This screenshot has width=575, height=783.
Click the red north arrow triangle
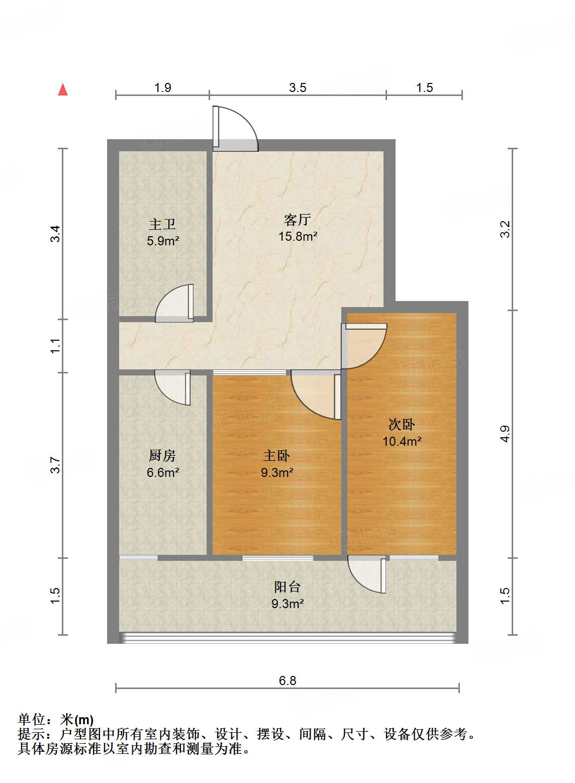point(63,90)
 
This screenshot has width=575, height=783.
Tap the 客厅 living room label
point(298,220)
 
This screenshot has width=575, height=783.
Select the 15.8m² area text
point(298,236)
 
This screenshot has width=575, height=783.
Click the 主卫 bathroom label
point(162,224)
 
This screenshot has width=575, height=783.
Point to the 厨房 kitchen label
point(162,455)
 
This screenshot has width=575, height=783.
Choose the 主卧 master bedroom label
point(276,455)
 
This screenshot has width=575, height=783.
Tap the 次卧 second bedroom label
point(402,424)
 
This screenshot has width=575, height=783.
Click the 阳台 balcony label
point(287,586)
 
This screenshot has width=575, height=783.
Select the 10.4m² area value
point(402,441)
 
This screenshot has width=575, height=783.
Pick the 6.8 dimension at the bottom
point(287,680)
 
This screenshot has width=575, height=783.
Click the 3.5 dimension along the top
point(298,88)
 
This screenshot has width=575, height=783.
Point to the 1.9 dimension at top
point(162,88)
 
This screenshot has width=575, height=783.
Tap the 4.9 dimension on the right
point(505,434)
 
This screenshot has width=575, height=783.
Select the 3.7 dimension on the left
point(55,465)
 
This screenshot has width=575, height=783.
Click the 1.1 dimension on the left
point(55,346)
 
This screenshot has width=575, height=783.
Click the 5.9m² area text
point(163,241)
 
